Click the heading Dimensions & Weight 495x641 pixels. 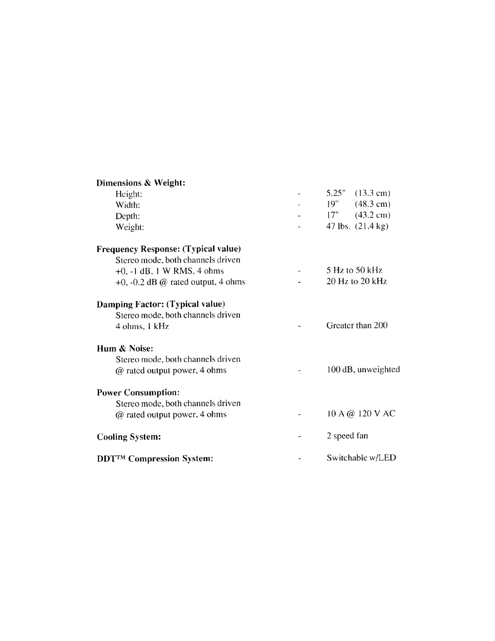click(141, 183)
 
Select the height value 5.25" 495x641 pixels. click(335, 193)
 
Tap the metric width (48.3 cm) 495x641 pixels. click(372, 204)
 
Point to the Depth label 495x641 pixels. click(127, 216)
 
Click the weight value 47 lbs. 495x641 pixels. click(338, 226)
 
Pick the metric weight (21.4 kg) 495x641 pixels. click(372, 226)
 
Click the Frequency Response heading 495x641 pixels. click(169, 249)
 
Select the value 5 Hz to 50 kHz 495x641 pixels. click(354, 270)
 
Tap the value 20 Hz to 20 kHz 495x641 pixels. click(356, 281)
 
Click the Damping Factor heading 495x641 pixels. click(161, 304)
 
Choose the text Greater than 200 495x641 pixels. click(357, 325)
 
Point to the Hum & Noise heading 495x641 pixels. click(125, 348)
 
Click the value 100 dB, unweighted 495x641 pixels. click(363, 369)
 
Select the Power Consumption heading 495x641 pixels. click(138, 393)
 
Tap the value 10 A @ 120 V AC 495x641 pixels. click(361, 414)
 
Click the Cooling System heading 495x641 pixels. click(129, 437)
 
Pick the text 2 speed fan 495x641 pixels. click(347, 436)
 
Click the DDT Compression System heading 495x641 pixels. click(155, 459)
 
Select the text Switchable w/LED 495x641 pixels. click(361, 458)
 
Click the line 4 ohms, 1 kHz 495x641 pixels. click(142, 326)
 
